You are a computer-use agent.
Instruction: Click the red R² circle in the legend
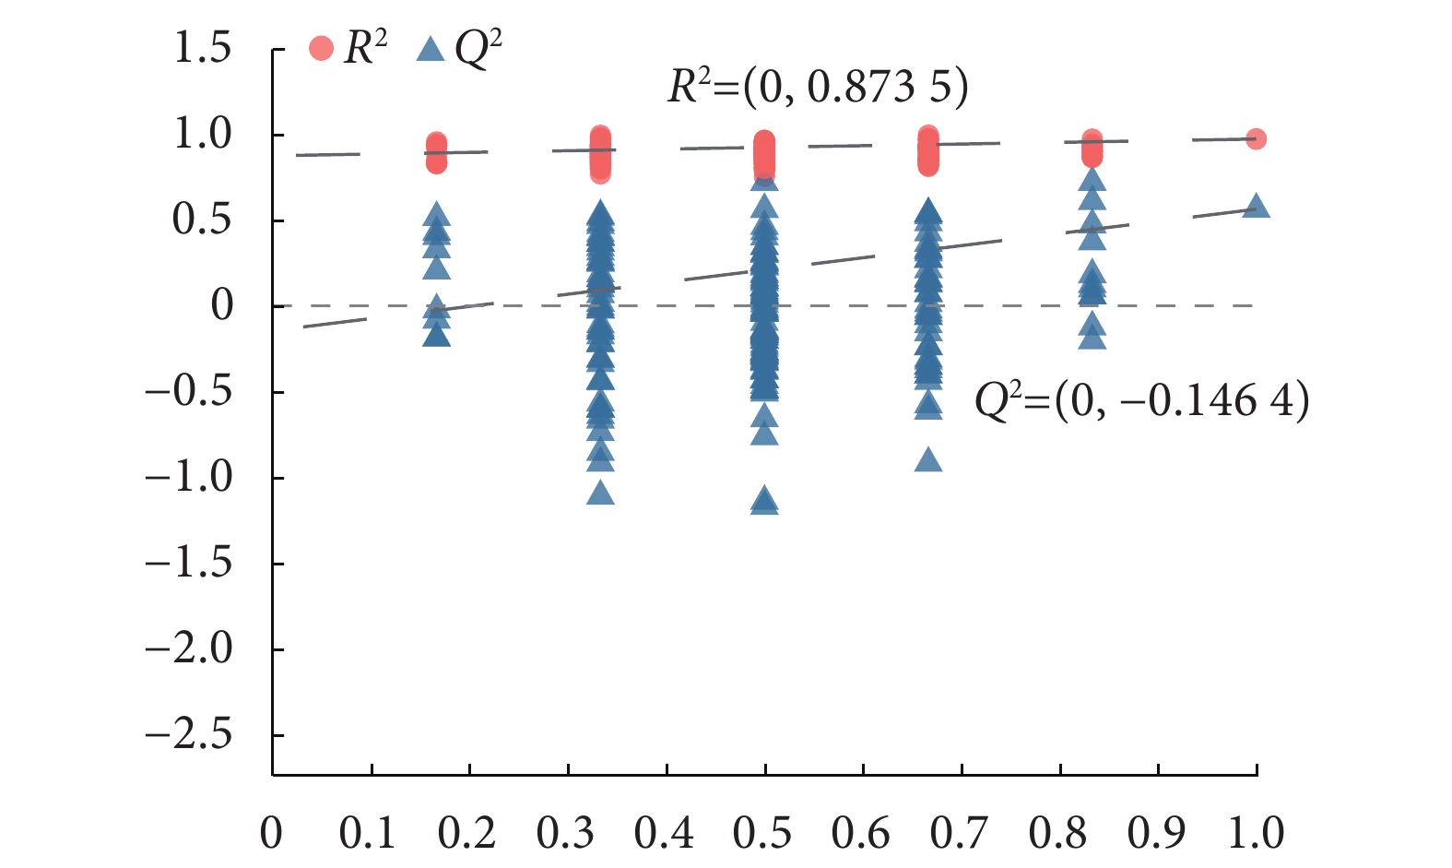tap(321, 48)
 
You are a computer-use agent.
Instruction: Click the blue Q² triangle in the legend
tap(431, 48)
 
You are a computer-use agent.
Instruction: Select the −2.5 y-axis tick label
tap(189, 735)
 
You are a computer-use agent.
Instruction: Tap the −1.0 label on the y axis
tap(189, 478)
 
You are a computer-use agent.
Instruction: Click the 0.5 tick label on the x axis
tap(762, 832)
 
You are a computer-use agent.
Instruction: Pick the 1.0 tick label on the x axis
tap(1256, 832)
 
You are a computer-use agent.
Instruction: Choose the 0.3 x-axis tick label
tap(566, 832)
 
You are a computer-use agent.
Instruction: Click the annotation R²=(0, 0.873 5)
tap(818, 88)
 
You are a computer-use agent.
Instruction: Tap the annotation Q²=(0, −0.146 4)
tap(1141, 401)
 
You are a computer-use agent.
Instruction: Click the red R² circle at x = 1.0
tap(1256, 139)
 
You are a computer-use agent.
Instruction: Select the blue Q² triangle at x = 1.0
tap(1256, 206)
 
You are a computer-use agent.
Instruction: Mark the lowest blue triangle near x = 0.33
tap(600, 493)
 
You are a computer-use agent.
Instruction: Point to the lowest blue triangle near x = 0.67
tap(928, 459)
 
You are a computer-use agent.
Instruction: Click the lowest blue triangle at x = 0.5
tap(764, 503)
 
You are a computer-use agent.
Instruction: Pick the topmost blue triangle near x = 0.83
tap(1092, 180)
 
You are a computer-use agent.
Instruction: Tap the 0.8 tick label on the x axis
tap(1058, 832)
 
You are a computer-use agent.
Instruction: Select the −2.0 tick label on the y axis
tap(189, 649)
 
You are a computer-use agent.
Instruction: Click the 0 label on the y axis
tap(221, 305)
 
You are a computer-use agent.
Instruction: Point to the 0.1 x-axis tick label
tap(368, 832)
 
